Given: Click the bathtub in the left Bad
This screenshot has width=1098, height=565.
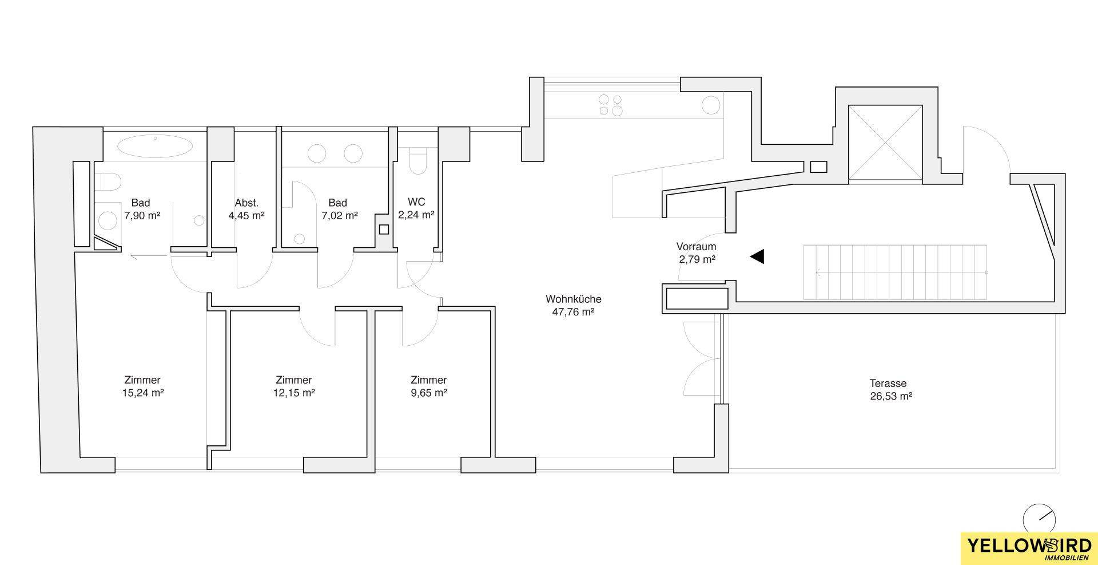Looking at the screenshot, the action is coord(155,146).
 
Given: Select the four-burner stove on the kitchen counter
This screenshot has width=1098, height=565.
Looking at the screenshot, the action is coord(610,105).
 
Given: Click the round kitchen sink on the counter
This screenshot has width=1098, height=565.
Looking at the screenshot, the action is coord(711,106).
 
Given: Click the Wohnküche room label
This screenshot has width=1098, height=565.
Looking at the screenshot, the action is coord(574,299).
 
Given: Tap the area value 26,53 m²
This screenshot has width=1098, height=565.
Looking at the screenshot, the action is coord(890,396).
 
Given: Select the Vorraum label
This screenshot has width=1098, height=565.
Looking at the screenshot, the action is coord(696,247).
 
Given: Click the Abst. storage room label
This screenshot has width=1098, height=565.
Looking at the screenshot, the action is coord(246,203).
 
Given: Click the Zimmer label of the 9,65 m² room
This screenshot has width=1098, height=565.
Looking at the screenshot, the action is coord(428,380).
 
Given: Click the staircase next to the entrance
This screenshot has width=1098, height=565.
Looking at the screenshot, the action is coord(896,272).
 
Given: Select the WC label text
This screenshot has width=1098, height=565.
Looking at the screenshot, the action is coord(416,202).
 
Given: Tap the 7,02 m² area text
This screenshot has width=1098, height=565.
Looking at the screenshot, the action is coord(339,215).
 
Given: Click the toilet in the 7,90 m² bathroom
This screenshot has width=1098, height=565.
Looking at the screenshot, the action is coord(109,183).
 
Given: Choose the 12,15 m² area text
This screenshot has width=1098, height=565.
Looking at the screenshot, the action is coord(293,393).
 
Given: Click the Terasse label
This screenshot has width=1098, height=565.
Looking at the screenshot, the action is coord(888,383).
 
